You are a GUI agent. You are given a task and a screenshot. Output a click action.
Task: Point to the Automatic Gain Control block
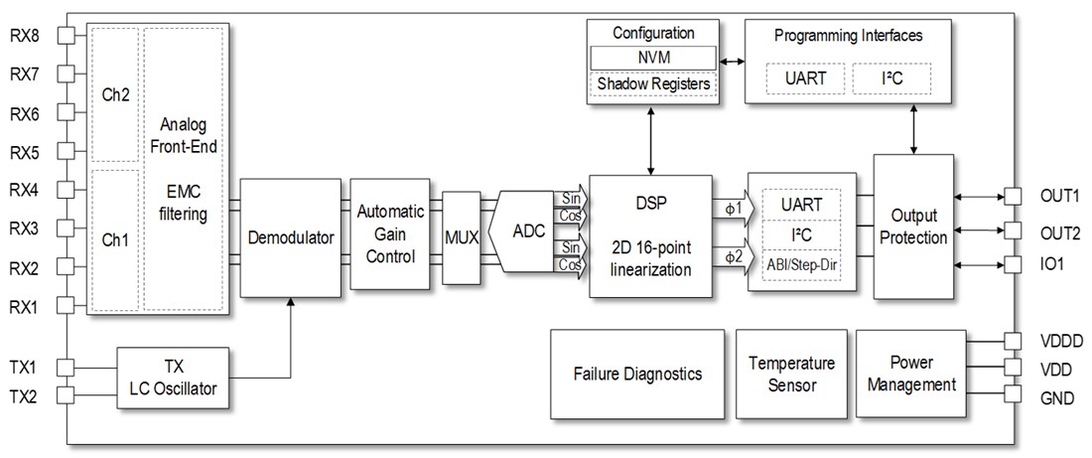(390, 233)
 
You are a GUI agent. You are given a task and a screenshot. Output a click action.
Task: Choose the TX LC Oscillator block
(173, 378)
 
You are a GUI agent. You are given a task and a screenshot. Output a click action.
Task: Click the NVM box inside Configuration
(652, 58)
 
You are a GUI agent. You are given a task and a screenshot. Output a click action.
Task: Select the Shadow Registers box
(652, 84)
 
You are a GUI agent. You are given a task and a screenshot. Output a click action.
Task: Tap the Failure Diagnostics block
(637, 375)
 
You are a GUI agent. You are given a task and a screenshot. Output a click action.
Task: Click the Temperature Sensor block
(791, 375)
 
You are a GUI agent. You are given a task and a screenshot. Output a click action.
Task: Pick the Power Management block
(910, 375)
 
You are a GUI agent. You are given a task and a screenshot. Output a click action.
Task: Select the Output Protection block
(913, 227)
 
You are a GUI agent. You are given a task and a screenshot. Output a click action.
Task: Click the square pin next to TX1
(67, 368)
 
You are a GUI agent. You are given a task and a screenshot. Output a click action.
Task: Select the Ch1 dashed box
(114, 239)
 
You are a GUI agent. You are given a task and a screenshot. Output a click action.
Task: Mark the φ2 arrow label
(732, 257)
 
